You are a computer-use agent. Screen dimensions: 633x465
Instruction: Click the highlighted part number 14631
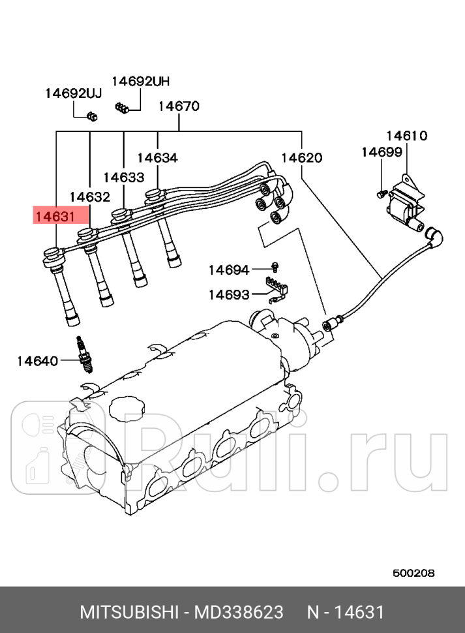(55, 215)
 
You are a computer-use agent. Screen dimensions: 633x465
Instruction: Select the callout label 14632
(90, 196)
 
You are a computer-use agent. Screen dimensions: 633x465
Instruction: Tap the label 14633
(123, 177)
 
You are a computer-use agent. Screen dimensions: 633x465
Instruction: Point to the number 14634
(157, 158)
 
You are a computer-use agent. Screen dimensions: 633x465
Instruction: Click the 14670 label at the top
(179, 106)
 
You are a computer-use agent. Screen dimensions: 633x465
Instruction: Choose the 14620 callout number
(301, 158)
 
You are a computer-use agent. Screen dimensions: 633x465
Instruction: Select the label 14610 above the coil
(406, 136)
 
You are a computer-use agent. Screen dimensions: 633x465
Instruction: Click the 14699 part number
(382, 152)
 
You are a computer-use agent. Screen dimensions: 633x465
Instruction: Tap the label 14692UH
(140, 82)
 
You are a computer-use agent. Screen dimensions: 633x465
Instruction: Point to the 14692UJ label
(74, 93)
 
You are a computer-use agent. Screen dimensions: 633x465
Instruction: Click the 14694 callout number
(229, 270)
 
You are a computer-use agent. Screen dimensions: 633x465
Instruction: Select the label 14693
(229, 295)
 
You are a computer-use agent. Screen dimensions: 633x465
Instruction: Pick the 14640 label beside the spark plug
(37, 360)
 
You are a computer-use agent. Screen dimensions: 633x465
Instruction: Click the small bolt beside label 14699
(380, 193)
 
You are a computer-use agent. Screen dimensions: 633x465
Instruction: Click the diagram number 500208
(413, 573)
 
